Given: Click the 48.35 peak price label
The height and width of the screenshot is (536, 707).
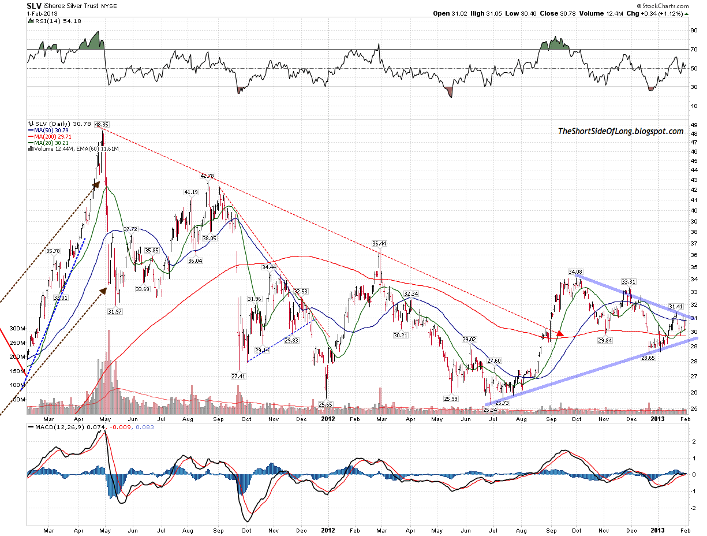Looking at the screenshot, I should click(x=102, y=124).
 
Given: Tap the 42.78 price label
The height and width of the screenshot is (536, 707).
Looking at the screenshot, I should click(x=207, y=176).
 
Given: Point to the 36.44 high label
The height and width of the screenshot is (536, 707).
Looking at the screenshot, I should click(x=379, y=244).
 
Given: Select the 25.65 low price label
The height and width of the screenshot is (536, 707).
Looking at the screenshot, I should click(x=326, y=404).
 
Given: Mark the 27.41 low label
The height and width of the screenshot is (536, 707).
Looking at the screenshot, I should click(x=238, y=376).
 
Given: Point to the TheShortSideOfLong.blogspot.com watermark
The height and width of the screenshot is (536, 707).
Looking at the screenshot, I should click(x=620, y=132).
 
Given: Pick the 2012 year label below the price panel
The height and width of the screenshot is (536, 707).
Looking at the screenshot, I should click(x=328, y=416).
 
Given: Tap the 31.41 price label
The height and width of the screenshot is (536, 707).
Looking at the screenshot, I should click(x=676, y=306).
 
